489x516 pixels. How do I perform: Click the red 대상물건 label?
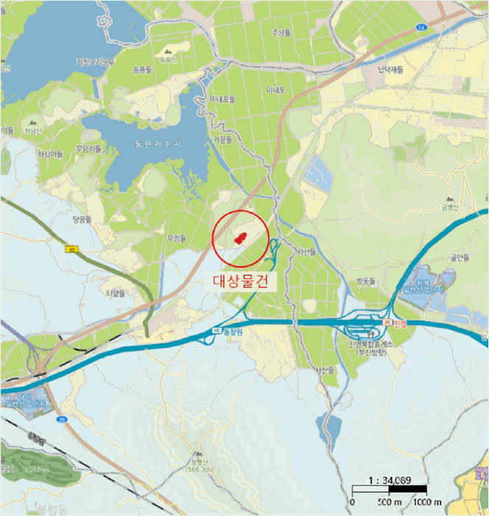[242, 280]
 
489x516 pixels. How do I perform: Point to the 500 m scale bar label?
[388, 502]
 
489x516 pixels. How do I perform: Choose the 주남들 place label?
[281, 32]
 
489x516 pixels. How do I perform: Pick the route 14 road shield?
[420, 27]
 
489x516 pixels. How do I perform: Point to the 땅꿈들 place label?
[81, 219]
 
